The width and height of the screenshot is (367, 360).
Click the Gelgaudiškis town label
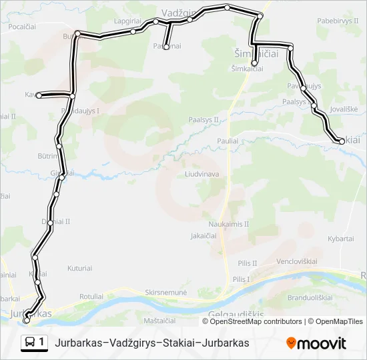pos(238,313)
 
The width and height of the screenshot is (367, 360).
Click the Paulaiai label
pos(228,141)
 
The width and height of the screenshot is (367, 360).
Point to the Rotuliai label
pos(91,296)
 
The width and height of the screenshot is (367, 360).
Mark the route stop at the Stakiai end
pos(342,140)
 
